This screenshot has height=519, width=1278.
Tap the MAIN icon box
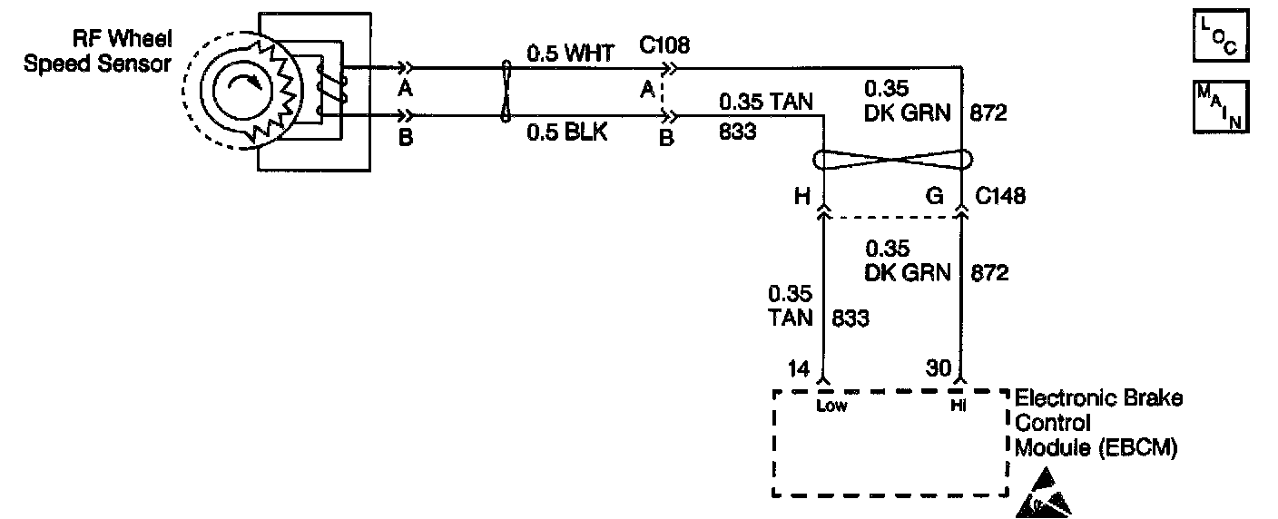tap(1221, 107)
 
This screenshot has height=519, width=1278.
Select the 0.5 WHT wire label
tap(570, 54)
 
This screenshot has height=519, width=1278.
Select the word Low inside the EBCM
tap(831, 406)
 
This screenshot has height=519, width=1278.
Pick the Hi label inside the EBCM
tap(958, 406)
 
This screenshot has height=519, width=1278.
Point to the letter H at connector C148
tap(801, 196)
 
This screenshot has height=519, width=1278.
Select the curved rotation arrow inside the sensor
tap(243, 86)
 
